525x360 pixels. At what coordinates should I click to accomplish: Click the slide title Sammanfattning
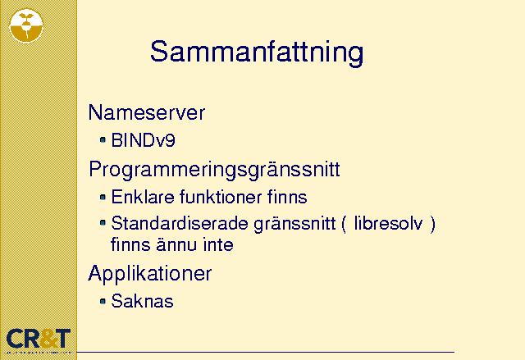click(x=257, y=52)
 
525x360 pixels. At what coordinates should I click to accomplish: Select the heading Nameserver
click(x=146, y=112)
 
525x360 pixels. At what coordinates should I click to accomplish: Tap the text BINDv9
click(x=143, y=140)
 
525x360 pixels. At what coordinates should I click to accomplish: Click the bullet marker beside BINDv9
click(x=103, y=139)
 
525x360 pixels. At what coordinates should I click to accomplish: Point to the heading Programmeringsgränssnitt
click(x=214, y=170)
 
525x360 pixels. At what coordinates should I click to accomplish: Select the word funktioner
click(x=221, y=197)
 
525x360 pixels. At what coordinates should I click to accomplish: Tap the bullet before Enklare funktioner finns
click(x=103, y=197)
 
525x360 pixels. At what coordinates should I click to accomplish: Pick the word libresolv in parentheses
click(x=388, y=223)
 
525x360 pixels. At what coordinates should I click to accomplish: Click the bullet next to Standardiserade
click(x=103, y=222)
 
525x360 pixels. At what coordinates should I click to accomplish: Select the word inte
click(x=218, y=244)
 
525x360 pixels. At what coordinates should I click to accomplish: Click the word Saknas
click(x=142, y=301)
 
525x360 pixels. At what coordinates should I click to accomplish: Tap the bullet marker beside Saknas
click(x=103, y=301)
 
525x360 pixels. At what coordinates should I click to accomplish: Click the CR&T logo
click(x=39, y=339)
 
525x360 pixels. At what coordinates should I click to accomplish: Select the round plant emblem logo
click(x=26, y=25)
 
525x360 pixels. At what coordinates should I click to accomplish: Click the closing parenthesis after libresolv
click(x=432, y=224)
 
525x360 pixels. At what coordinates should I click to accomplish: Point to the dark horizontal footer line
click(x=266, y=352)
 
